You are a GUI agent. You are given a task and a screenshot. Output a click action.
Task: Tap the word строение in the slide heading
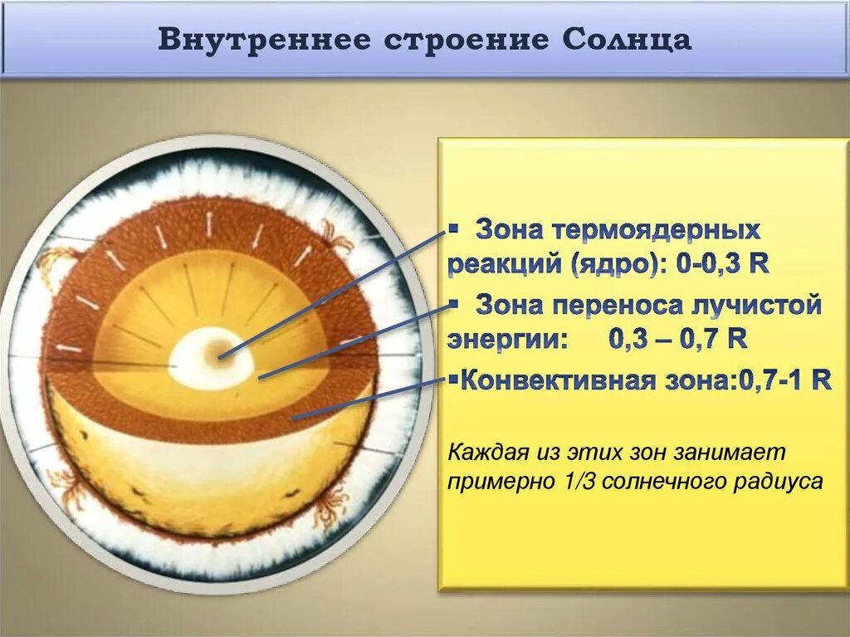coord(449,39)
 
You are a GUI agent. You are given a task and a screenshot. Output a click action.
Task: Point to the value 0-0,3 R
coord(722,265)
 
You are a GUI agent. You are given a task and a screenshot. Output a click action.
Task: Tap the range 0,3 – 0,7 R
coord(677,340)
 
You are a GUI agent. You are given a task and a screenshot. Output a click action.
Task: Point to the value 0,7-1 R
coord(784,381)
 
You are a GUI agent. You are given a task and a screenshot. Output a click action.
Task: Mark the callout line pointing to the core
coord(332,295)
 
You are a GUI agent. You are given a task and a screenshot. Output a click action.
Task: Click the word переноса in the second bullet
coord(618,305)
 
